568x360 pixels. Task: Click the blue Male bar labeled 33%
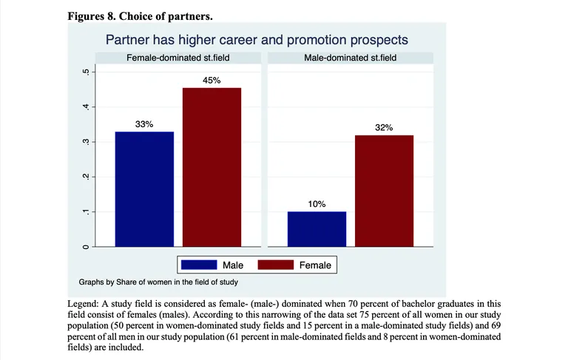click(143, 189)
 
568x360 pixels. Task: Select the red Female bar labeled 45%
click(212, 167)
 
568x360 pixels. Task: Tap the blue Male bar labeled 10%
click(317, 228)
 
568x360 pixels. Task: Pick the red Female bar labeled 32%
click(384, 190)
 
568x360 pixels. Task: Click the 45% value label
click(212, 80)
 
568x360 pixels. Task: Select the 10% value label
click(317, 204)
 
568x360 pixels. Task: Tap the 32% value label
click(384, 128)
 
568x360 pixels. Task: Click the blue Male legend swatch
click(197, 265)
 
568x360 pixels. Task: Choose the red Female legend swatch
click(274, 265)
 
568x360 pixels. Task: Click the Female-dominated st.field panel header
click(178, 58)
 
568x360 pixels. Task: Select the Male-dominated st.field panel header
click(350, 58)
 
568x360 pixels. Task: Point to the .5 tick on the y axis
click(87, 72)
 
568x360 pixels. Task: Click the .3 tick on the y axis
click(87, 142)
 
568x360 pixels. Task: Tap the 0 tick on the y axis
click(87, 246)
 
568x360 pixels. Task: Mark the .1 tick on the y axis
click(87, 212)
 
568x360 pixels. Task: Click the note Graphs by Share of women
click(158, 282)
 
